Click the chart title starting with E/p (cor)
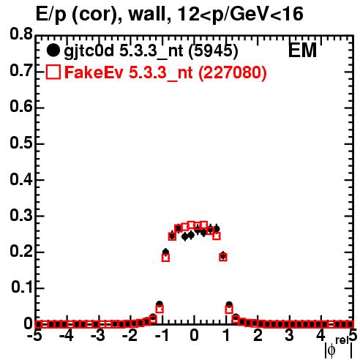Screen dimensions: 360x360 [170, 14]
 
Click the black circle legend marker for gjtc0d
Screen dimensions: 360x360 [53, 50]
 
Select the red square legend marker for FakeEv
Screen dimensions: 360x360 [53, 72]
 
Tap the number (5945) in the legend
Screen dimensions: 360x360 [213, 51]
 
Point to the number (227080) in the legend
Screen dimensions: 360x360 [233, 72]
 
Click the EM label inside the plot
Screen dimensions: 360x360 [302, 50]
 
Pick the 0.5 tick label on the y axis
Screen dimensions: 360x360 [21, 143]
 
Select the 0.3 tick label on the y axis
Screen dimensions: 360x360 [21, 215]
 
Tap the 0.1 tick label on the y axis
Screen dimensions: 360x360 [21, 288]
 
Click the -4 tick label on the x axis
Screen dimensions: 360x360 [67, 335]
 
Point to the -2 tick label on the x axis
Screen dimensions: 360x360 [130, 335]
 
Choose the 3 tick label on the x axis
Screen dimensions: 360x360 [289, 335]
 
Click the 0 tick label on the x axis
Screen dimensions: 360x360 [194, 335]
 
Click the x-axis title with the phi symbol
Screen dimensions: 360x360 [339, 348]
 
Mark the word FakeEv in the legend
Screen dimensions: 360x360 [94, 72]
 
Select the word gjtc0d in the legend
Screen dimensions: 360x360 [89, 51]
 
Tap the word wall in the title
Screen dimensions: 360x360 [147, 14]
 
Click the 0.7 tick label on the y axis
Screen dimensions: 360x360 [21, 70]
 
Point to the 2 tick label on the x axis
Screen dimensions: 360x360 [258, 335]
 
